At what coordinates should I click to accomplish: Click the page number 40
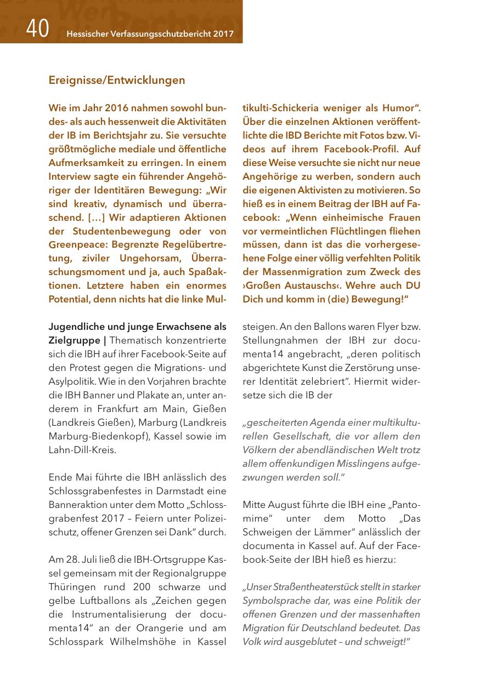click(x=37, y=28)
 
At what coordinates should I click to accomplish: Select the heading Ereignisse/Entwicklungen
click(x=117, y=80)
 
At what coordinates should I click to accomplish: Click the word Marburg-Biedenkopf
click(x=92, y=436)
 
